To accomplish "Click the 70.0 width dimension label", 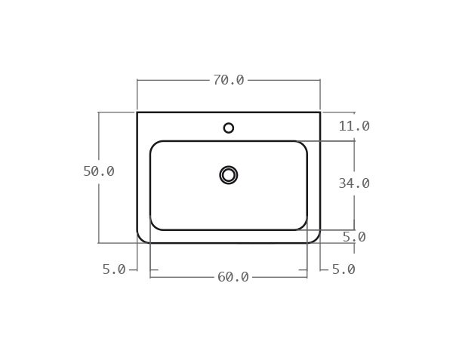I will [x=228, y=80].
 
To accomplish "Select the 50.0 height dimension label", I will [x=99, y=171].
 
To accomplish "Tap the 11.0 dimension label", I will [x=353, y=126].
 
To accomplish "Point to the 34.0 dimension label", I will [x=353, y=183].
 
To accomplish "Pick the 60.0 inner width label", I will [x=233, y=277].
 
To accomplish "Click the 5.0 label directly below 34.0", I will [x=353, y=237].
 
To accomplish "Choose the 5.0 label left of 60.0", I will [x=114, y=269].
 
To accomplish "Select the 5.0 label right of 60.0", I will [x=343, y=269].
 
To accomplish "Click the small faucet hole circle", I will [x=229, y=128].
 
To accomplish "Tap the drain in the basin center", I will [x=229, y=175].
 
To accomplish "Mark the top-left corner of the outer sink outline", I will [x=137, y=112].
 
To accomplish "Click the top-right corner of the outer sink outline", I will [x=320, y=112].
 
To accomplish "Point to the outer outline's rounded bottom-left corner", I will [x=141, y=238].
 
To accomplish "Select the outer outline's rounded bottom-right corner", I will [x=316, y=238].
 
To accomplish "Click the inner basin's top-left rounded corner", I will [x=154, y=145].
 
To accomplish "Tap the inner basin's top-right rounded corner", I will [x=303, y=145].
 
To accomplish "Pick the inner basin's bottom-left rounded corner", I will [x=154, y=226].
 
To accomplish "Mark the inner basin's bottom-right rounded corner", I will [x=303, y=226].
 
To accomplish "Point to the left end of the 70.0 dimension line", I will [x=137, y=80].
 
